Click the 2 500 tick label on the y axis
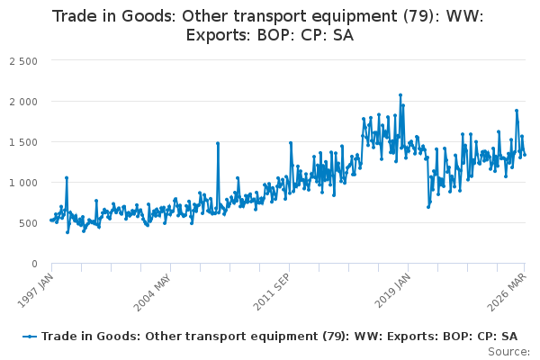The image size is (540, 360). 23,61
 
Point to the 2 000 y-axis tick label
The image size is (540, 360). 23,102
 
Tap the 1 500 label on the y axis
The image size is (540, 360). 23,142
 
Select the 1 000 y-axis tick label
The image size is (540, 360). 23,183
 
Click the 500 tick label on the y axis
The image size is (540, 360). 28,223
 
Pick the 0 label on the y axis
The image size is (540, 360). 34,264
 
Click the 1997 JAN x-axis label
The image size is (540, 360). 35,291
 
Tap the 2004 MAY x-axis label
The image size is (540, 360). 152,292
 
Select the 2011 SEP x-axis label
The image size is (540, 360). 272,292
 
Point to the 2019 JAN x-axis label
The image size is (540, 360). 392,291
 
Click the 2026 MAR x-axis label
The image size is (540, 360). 507,292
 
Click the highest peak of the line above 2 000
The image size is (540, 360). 400,95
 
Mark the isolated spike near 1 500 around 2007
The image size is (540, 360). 218,143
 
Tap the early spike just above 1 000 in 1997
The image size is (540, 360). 67,178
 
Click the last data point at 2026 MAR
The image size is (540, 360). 525,155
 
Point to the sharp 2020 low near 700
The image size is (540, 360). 428,207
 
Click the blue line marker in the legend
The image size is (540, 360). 30,337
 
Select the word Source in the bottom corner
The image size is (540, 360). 509,352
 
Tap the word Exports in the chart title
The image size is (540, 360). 219,35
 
